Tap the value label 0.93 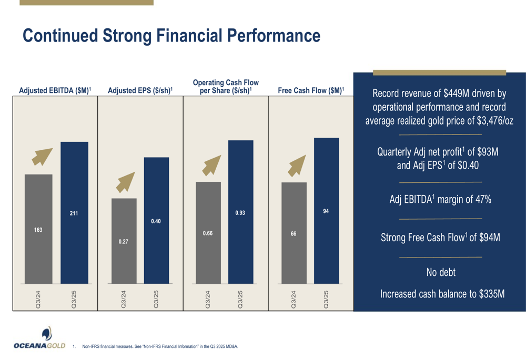click(240, 213)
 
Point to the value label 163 click(38, 230)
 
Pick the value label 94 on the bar click(326, 211)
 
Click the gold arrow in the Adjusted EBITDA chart click(42, 157)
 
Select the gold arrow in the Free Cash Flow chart click(297, 166)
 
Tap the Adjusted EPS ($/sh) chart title click(140, 91)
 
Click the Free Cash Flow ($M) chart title click(311, 91)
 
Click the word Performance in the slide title click(273, 36)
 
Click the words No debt click(441, 272)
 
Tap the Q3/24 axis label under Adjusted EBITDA click(38, 299)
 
